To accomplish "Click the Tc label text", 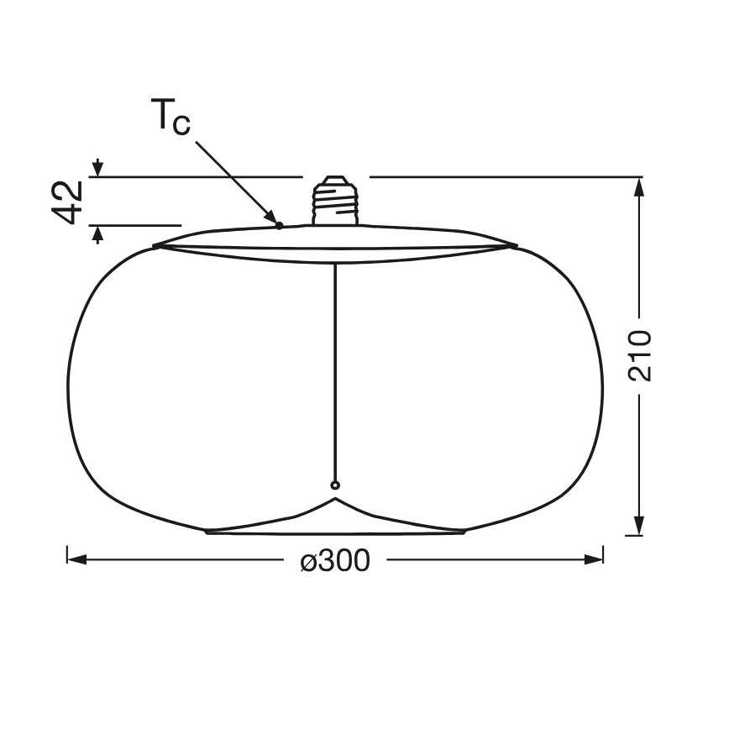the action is (x=171, y=116).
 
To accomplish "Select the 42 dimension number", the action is (x=67, y=202).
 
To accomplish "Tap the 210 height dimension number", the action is (x=640, y=355).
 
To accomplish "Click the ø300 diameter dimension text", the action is (x=336, y=560).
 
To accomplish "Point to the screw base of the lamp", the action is (x=335, y=201).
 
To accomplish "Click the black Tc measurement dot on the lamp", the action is (x=280, y=225).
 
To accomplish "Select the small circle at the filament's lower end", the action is (x=335, y=485).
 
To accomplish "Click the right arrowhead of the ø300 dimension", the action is (x=593, y=559).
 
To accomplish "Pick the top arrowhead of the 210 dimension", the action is (x=639, y=187).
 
